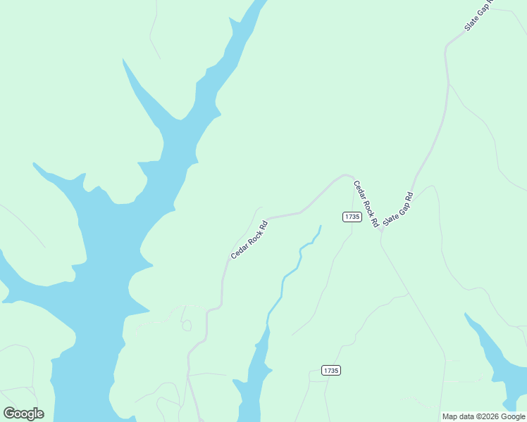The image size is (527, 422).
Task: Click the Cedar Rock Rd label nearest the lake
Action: tap(249, 240)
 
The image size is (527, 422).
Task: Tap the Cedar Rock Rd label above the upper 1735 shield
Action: tap(366, 203)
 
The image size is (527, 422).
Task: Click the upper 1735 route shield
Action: tap(352, 217)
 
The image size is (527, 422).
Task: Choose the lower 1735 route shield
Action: tap(330, 370)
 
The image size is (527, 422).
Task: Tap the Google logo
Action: tap(24, 413)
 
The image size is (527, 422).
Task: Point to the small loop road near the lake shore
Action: tap(187, 325)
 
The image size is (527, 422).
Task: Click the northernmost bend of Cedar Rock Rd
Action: tap(345, 174)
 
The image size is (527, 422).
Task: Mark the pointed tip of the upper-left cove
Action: tap(123, 60)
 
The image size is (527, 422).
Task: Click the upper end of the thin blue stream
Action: tap(321, 226)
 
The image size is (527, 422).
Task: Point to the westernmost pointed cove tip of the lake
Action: tap(34, 164)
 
